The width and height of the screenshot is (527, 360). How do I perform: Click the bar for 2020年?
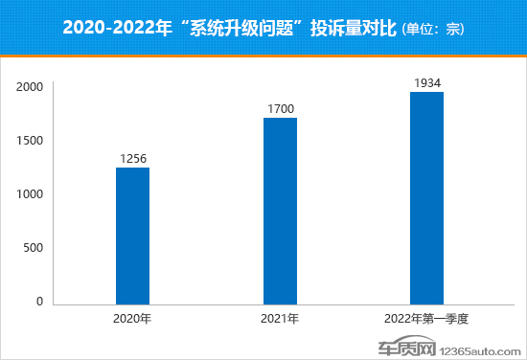point(132,236)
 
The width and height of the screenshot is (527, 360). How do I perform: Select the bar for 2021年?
point(280,211)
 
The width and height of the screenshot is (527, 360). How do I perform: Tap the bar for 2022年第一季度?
point(426,198)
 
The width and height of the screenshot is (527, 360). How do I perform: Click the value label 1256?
point(132,159)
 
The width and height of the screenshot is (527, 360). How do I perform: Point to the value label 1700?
point(280,109)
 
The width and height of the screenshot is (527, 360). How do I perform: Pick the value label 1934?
point(427,83)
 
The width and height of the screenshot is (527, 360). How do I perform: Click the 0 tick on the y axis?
point(40,302)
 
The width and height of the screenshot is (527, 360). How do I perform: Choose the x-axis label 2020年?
point(132,318)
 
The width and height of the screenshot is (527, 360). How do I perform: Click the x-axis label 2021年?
point(280,318)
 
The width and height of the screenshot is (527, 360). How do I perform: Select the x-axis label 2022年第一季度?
point(427,318)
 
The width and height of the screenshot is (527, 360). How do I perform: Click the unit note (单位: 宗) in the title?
point(428,29)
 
